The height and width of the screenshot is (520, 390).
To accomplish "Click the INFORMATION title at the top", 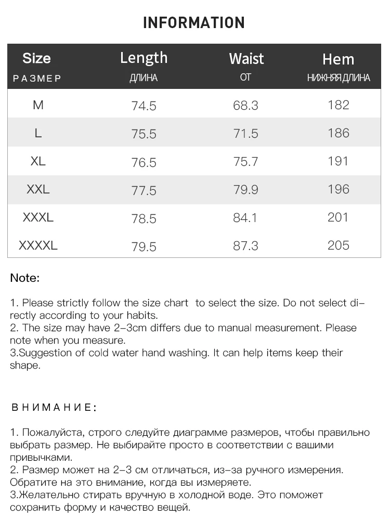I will [x=193, y=22].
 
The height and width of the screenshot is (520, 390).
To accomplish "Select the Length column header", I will [x=144, y=58].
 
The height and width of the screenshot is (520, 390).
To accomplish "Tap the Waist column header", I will [x=246, y=59].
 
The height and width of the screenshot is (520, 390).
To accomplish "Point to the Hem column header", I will [x=338, y=59].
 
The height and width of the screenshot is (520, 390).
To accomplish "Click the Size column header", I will [x=36, y=58].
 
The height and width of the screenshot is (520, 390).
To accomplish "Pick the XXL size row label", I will [x=38, y=189].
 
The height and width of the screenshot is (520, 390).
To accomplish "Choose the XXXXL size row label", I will [x=38, y=245].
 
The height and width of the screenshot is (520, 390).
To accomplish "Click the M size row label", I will [x=38, y=105].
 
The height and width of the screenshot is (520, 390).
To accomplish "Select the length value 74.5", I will [x=144, y=106].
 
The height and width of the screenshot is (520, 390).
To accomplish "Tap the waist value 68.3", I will [x=246, y=106].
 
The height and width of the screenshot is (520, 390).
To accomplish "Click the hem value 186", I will [x=339, y=133].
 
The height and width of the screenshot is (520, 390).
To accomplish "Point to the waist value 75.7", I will [x=246, y=162].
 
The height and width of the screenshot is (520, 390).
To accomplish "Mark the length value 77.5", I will [x=144, y=190].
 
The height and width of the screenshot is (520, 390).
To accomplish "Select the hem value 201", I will [x=339, y=217].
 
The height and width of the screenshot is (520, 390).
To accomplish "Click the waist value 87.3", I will [x=246, y=246].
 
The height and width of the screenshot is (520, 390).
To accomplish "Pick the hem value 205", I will [x=339, y=245].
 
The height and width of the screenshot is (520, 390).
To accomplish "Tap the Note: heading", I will [x=24, y=278].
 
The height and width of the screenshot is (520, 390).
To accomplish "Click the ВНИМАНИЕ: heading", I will [x=54, y=407].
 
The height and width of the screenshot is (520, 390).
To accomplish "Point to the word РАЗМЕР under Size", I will [x=37, y=79].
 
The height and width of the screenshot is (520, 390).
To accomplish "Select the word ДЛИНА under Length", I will [x=144, y=78].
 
